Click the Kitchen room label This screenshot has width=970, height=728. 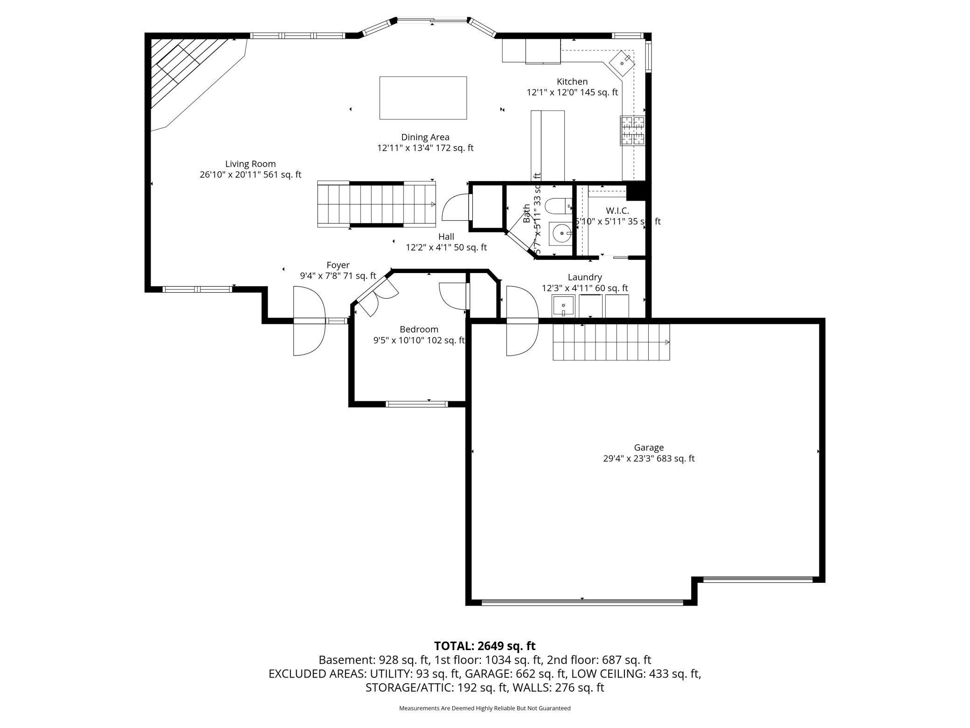coord(572,82)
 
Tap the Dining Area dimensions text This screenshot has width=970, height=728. coord(425,148)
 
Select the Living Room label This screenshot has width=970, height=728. coord(250,164)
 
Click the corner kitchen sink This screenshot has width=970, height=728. coord(622,63)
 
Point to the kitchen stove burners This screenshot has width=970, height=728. coord(632,131)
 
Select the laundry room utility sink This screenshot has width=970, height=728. coord(563,306)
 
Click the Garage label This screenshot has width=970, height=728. coord(648,448)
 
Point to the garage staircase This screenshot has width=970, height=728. coord(611,342)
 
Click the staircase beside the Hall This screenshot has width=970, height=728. coord(376,204)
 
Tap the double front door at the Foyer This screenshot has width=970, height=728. coord(309,321)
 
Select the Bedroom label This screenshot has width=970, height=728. coord(419,329)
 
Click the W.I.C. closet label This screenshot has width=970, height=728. coord(617,211)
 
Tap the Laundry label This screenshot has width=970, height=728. coord(584,277)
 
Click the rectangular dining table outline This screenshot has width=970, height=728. coord(423,98)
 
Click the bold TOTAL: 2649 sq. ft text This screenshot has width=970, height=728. coord(485,646)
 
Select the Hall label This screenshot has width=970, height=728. coord(446,237)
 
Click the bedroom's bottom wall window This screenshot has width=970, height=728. coord(416,404)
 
